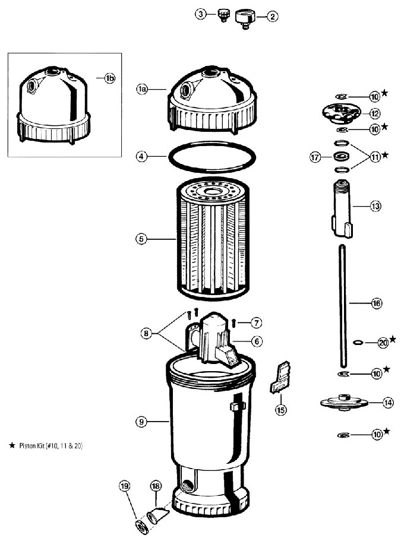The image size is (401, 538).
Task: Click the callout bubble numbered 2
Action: pos(273,17)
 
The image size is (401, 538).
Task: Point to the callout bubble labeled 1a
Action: pos(141,89)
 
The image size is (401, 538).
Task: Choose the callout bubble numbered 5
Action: pos(141,239)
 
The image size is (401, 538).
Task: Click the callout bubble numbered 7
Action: pos(255,323)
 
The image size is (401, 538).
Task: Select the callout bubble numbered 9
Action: pos(141,422)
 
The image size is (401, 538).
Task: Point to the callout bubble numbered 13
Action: pos(375,206)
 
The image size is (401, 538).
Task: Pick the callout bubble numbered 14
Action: pos(387,403)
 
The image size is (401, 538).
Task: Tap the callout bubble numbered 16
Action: pos(376,303)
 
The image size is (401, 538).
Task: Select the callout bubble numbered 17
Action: pos(315,157)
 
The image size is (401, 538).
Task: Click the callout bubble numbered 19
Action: pos(125,486)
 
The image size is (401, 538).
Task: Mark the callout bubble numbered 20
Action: pos(383,343)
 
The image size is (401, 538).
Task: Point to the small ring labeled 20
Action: pos(358,343)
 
